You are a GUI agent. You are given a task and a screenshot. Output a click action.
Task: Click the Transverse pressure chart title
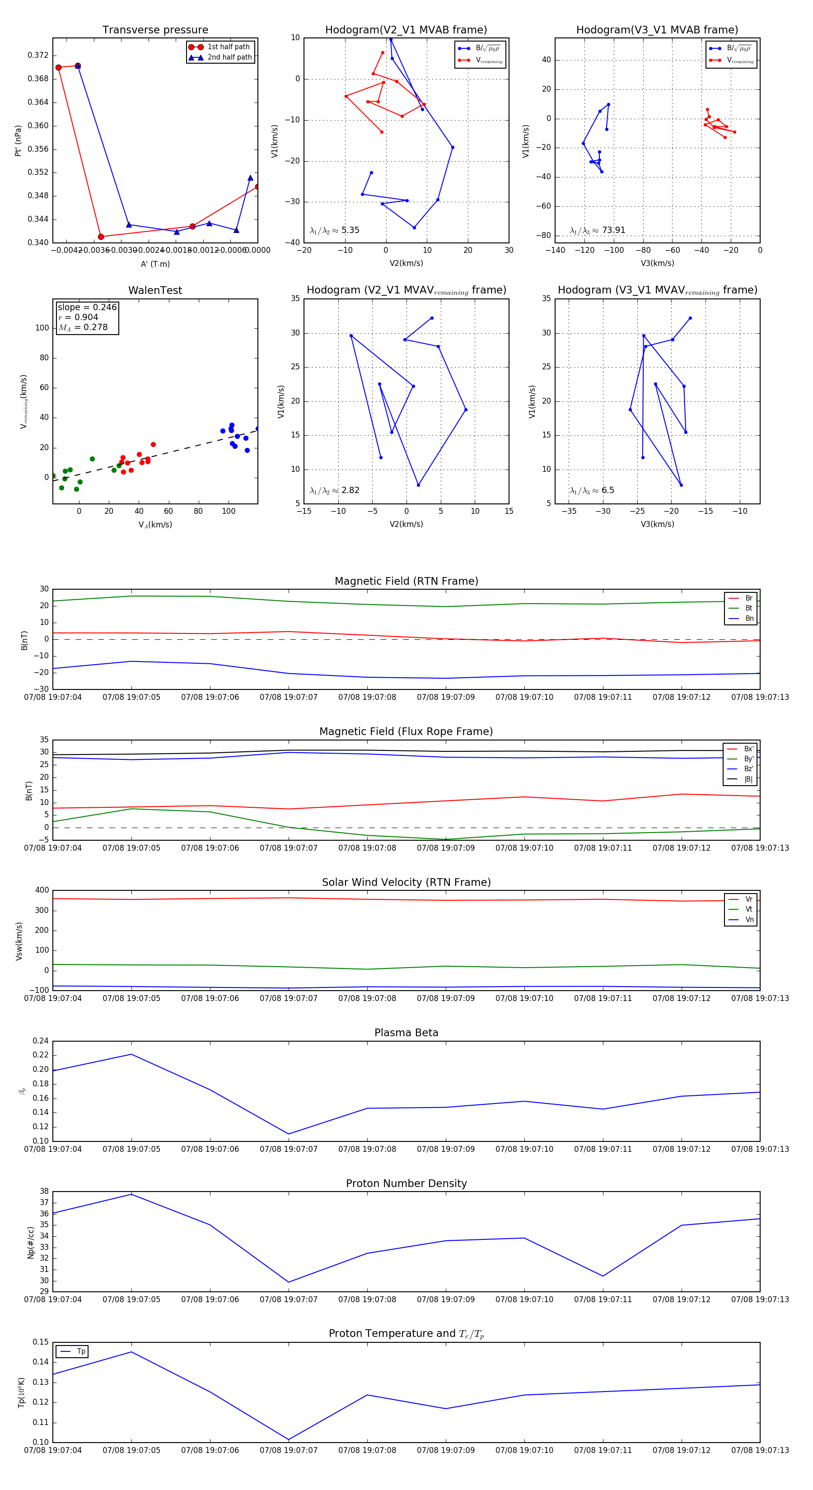pyautogui.click(x=155, y=30)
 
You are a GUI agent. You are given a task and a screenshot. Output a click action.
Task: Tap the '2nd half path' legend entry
pyautogui.click(x=229, y=57)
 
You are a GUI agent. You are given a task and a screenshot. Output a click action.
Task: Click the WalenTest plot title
pyautogui.click(x=155, y=290)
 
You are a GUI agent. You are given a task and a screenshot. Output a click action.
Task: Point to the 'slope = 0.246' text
pyautogui.click(x=87, y=307)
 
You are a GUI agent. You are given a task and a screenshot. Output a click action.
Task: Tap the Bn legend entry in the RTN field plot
pyautogui.click(x=749, y=618)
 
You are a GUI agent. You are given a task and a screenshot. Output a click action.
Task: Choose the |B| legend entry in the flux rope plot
pyautogui.click(x=748, y=779)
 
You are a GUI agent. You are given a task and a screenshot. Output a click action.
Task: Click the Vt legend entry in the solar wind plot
pyautogui.click(x=748, y=909)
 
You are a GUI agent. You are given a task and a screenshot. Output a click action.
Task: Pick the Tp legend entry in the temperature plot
pyautogui.click(x=80, y=1352)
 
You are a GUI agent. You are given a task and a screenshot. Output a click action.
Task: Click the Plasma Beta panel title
pyautogui.click(x=406, y=1033)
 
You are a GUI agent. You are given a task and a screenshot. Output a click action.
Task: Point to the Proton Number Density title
pyautogui.click(x=406, y=1183)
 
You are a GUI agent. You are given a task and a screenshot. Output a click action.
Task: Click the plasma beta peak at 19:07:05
pyautogui.click(x=131, y=1054)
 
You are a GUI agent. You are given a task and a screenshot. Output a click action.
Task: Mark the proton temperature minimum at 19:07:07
pyautogui.click(x=289, y=1440)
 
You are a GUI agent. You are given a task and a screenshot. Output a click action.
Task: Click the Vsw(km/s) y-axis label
pyautogui.click(x=19, y=941)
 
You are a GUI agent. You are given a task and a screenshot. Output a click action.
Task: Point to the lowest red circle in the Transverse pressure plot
pyautogui.click(x=101, y=237)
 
